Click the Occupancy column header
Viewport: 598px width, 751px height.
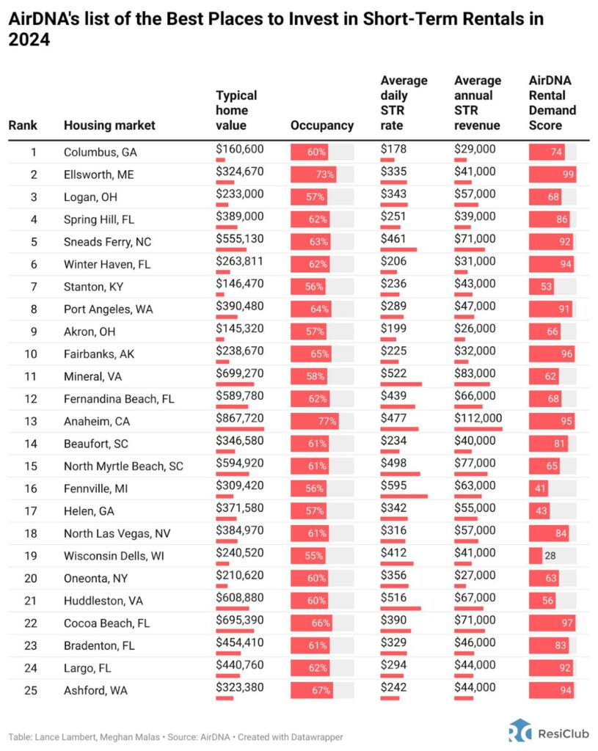coord(322,125)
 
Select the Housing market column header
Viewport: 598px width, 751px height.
coord(109,125)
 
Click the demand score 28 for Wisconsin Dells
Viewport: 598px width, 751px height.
coord(550,556)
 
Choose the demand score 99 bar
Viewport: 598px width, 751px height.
coord(552,175)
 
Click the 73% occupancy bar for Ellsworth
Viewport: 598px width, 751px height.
coord(314,175)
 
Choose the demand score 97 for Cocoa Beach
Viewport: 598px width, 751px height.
coord(552,623)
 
